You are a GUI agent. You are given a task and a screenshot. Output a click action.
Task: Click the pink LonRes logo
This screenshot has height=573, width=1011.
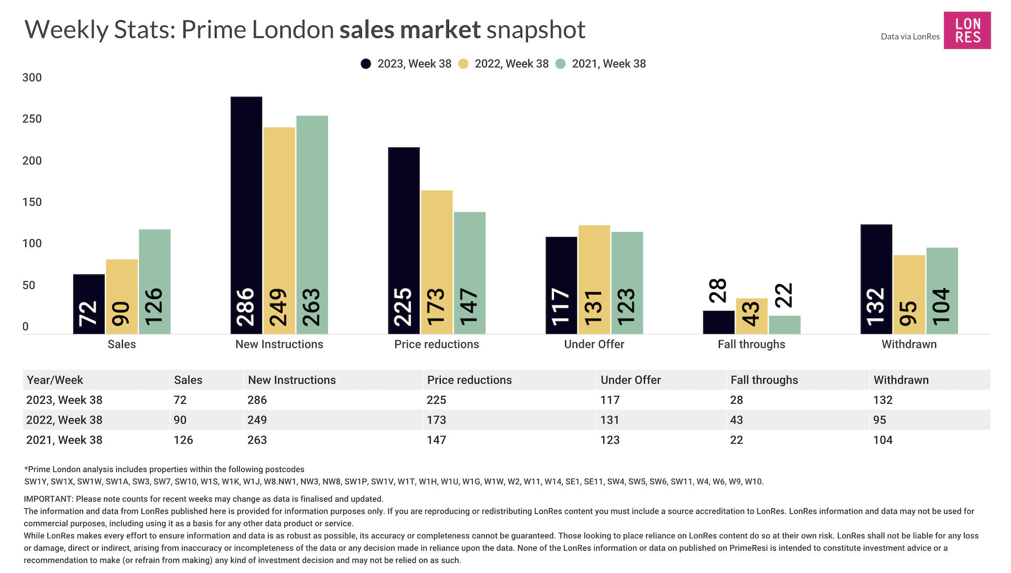[x=967, y=30]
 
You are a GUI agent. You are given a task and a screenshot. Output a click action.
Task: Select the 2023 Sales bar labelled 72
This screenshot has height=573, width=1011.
[x=89, y=304]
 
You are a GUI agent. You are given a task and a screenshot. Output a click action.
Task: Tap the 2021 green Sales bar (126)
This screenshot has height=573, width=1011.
[x=155, y=281]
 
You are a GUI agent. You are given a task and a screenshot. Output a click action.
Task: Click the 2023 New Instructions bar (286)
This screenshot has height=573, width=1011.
[x=246, y=215]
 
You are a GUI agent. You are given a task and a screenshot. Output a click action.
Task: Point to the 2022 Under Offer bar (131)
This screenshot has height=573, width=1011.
[x=594, y=279]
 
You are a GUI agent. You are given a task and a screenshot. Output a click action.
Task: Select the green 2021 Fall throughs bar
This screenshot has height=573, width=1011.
[x=785, y=324]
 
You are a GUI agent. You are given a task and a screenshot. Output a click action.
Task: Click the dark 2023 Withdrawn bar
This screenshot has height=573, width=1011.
[x=876, y=279]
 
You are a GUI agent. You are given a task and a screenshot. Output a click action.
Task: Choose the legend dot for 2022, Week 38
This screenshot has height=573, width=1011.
[x=464, y=64]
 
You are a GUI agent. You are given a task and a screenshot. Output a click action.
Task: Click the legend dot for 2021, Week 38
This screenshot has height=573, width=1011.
[x=561, y=64]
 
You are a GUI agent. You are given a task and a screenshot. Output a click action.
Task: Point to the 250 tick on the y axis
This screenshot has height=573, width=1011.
[x=32, y=119]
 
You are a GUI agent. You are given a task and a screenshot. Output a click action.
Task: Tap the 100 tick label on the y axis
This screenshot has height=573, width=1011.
[x=32, y=244]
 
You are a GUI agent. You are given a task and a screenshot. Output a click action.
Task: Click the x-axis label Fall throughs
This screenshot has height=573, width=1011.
[x=751, y=345]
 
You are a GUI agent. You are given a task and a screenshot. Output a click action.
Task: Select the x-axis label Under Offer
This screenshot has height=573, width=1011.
[x=594, y=345]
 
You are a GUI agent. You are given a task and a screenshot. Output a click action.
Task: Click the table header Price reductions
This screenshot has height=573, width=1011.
[x=469, y=380]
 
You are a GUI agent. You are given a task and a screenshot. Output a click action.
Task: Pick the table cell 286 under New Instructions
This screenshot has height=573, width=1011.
[x=257, y=400]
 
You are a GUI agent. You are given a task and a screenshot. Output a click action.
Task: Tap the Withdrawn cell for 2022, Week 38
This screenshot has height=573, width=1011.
[x=879, y=420]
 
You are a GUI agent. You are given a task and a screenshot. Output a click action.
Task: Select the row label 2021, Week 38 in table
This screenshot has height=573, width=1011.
[x=64, y=440]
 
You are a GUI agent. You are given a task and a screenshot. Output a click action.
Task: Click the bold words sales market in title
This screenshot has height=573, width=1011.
[x=410, y=30]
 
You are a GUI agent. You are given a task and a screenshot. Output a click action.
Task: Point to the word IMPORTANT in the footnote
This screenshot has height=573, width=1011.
[x=48, y=499]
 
